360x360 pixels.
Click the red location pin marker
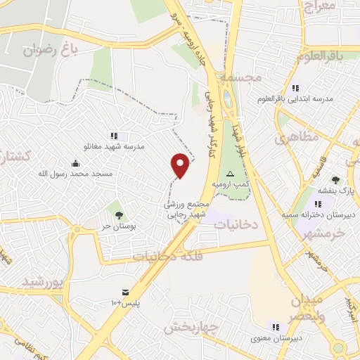181,165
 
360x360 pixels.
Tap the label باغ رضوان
49,50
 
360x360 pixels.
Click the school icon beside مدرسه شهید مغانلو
113,136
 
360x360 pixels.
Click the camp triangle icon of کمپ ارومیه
230,174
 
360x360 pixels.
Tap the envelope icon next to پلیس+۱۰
125,292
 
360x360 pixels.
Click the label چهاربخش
188,327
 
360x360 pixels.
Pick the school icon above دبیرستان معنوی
276,326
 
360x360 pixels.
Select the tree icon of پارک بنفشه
335,180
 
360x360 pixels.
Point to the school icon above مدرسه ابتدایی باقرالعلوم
295,88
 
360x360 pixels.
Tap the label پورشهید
44,282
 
